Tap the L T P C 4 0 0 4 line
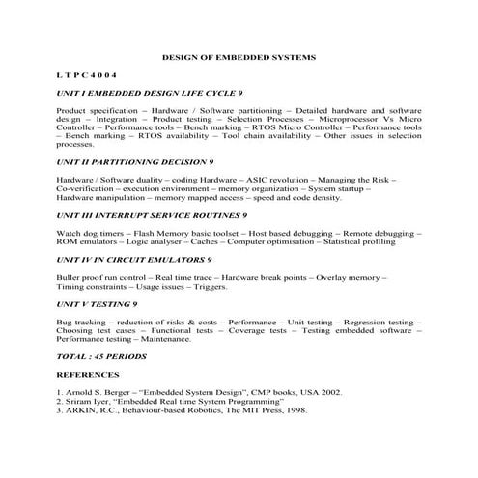(x=86, y=74)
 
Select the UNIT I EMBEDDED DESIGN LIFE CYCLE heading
(x=150, y=95)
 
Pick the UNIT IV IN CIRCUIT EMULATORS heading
(x=134, y=260)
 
